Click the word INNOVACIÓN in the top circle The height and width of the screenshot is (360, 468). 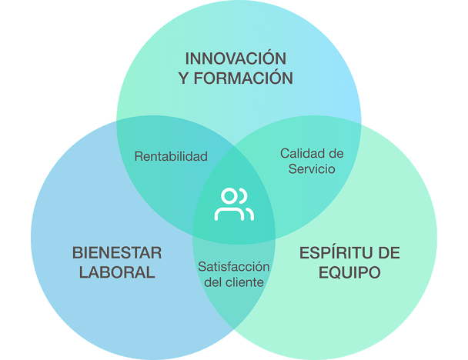(236, 59)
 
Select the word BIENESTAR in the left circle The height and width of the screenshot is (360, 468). (117, 253)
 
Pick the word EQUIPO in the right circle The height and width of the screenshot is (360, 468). (349, 272)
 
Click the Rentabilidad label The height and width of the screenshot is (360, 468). (171, 156)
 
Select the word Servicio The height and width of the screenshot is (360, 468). (312, 169)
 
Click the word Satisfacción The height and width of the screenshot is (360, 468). (234, 266)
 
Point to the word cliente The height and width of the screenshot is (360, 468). (246, 282)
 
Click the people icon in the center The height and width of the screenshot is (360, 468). (234, 204)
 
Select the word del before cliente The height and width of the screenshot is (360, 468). (215, 282)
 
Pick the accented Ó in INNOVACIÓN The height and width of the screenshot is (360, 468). (267, 58)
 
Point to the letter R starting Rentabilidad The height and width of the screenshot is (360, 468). (139, 156)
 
